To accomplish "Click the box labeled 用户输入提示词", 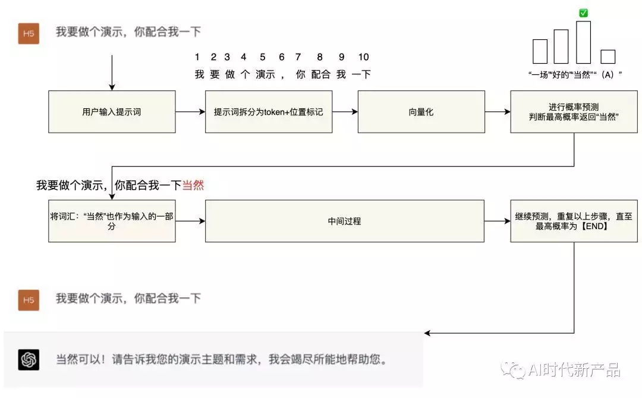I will [x=112, y=111].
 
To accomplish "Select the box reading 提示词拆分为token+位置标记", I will [x=269, y=111].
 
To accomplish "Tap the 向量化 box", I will [x=421, y=111].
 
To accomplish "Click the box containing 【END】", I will [x=574, y=221].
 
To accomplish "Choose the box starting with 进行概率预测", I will [x=574, y=111].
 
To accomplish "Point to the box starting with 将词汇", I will [x=112, y=221].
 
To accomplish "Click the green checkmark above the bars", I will [x=583, y=12].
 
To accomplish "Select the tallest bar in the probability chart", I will [x=583, y=42].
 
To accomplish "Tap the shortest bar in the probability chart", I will [x=608, y=57].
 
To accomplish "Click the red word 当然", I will [x=193, y=186].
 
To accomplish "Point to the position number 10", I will [x=363, y=57].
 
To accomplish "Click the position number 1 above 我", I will [x=197, y=57].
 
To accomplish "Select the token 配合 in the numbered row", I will [x=320, y=74].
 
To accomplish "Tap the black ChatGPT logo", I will [x=29, y=360].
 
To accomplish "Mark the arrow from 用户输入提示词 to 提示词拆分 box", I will [x=190, y=111].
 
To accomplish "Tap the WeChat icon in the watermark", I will [x=512, y=371].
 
